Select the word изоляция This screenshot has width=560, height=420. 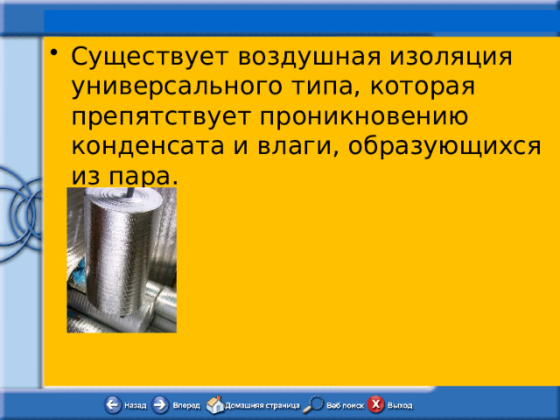pyautogui.click(x=455, y=55)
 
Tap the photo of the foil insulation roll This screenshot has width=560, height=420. pyautogui.click(x=122, y=260)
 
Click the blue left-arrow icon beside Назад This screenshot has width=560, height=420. pyautogui.click(x=114, y=405)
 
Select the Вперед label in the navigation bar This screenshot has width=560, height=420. pyautogui.click(x=186, y=406)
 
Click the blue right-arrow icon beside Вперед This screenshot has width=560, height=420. pyautogui.click(x=161, y=405)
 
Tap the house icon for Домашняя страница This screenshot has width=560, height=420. pyautogui.click(x=214, y=404)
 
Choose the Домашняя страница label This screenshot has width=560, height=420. pyautogui.click(x=262, y=406)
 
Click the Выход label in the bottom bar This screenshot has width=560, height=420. pyautogui.click(x=400, y=406)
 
